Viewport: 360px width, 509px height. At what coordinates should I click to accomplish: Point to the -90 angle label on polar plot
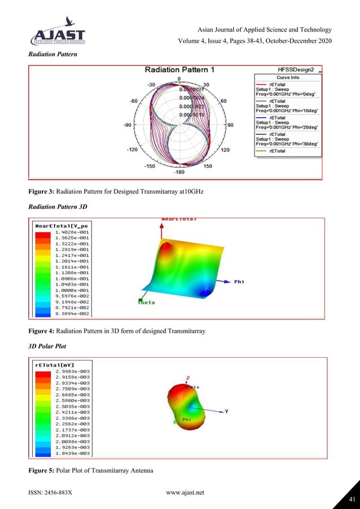[128, 124]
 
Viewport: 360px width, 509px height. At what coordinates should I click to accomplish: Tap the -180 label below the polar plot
[179, 171]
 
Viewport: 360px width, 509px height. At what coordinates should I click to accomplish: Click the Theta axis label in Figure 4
[147, 302]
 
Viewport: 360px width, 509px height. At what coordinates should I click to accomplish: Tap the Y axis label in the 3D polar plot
[227, 411]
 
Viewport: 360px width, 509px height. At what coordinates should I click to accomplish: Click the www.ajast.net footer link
[185, 493]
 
